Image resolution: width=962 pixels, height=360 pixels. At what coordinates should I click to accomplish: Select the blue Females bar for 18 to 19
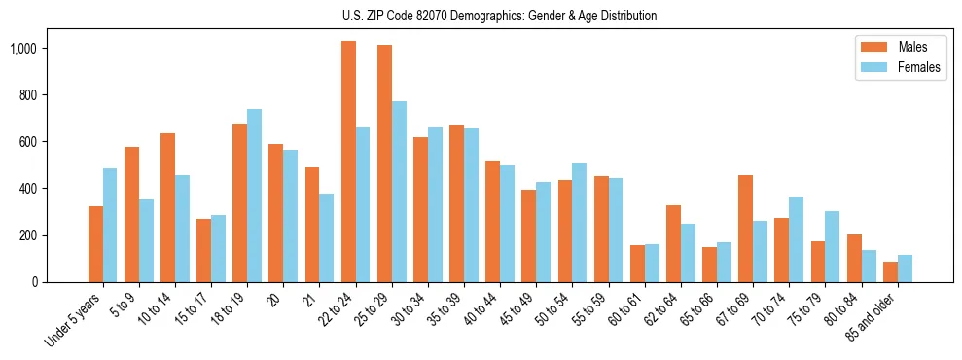pyautogui.click(x=254, y=196)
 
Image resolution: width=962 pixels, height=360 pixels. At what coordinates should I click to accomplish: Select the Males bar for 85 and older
pyautogui.click(x=889, y=271)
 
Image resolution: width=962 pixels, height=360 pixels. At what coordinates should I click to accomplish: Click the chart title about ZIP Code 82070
pyautogui.click(x=500, y=16)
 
